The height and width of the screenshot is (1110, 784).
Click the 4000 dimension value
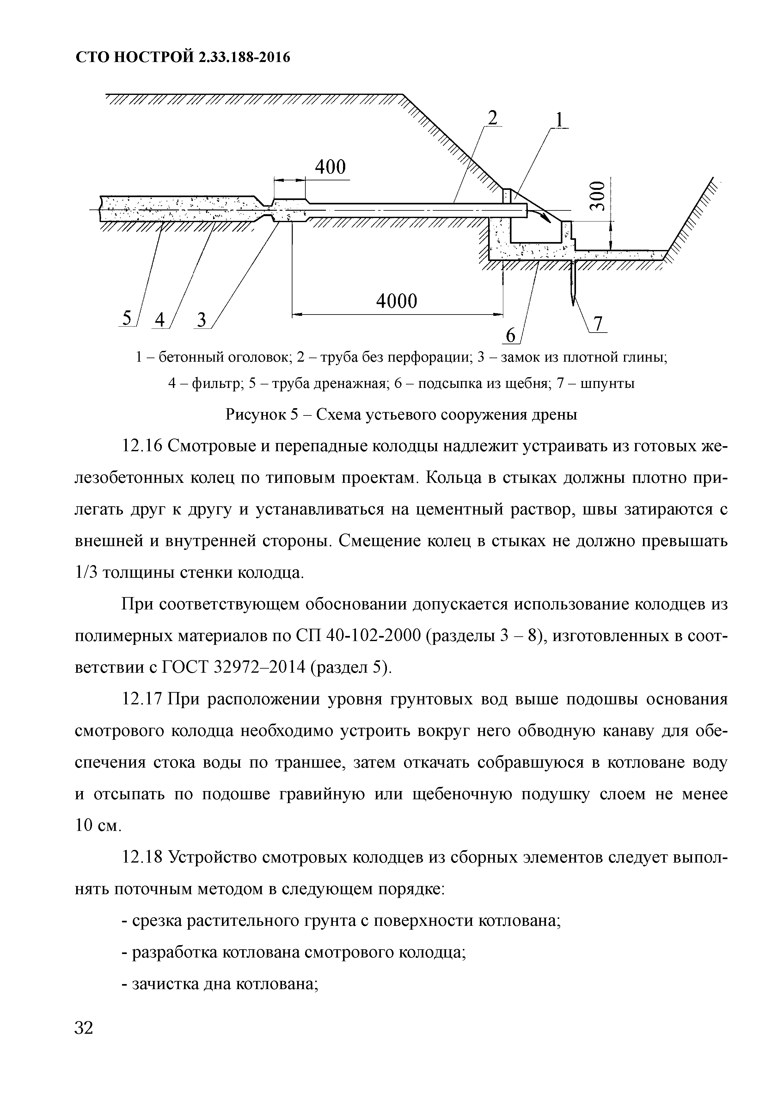point(396,302)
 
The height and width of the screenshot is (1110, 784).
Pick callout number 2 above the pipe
point(492,118)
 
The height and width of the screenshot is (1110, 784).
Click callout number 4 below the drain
point(159,320)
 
